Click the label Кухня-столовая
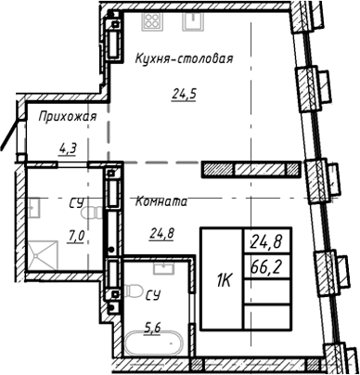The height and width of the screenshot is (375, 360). (x=183, y=58)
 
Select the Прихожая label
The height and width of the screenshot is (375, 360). (x=68, y=117)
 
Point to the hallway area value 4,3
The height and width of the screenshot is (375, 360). (x=68, y=146)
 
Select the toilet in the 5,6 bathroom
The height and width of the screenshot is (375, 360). (x=116, y=279)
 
